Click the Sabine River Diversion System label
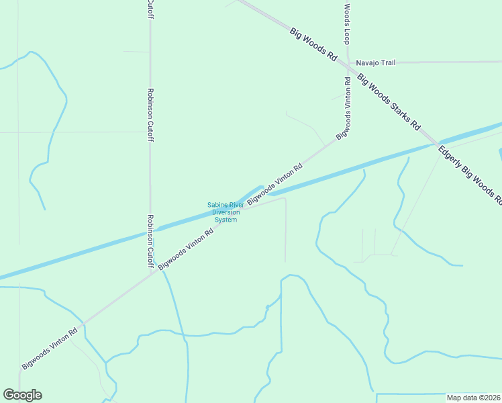[225, 212]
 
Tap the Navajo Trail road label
[376, 62]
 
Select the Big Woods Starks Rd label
[389, 101]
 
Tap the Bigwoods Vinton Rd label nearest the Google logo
[50, 347]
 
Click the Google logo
[22, 395]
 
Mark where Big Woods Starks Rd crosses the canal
[434, 143]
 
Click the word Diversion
[225, 212]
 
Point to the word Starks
[401, 112]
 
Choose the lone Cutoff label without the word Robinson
[150, 10]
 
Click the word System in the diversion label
[225, 220]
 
